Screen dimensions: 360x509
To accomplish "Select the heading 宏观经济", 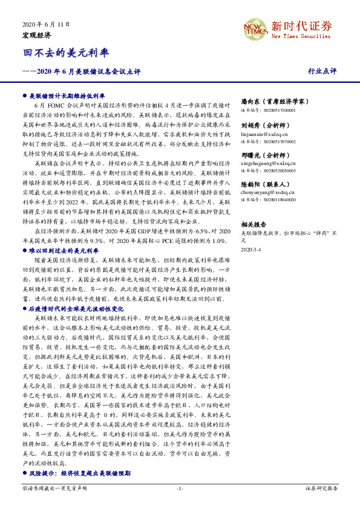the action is (x=37, y=36).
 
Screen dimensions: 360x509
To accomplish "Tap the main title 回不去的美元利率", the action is (x=62, y=53).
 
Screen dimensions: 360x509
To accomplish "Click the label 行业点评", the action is (x=322, y=71).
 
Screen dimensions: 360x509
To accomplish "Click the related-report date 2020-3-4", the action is (x=252, y=249).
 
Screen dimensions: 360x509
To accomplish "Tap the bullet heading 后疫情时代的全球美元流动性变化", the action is (x=76, y=308).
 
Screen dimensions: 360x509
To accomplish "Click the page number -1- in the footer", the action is (x=180, y=487).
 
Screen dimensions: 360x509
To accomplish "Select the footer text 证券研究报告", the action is (x=321, y=487).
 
